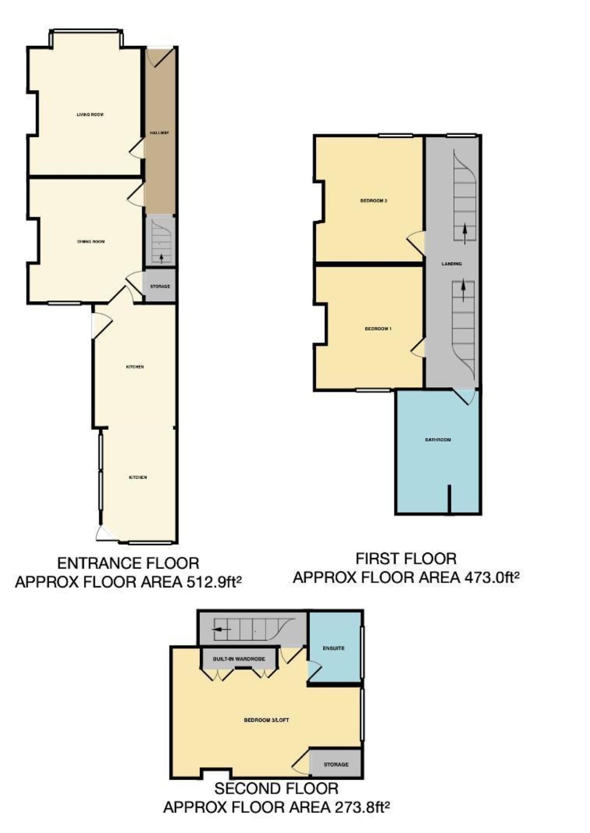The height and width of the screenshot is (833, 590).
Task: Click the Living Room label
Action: [x=90, y=114]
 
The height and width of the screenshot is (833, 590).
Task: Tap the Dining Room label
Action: [x=91, y=242]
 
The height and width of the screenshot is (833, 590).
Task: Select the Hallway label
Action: [x=159, y=133]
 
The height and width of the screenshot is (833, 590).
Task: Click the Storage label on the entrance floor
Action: [x=160, y=286]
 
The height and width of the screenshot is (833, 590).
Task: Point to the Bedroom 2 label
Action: [x=374, y=201]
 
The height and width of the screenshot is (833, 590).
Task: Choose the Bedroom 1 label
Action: [x=378, y=329]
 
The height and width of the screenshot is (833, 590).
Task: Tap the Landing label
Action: [x=452, y=264]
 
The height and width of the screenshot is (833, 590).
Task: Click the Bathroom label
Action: [x=438, y=440]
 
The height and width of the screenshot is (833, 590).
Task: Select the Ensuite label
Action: [x=334, y=648]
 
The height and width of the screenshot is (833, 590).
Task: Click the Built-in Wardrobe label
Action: [x=239, y=659]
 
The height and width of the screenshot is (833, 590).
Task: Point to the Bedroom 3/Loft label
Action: [x=266, y=720]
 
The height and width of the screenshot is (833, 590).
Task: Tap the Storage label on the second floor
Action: [x=336, y=765]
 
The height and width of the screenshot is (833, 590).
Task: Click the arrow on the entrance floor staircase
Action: [x=161, y=258]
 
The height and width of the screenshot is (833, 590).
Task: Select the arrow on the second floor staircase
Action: [x=222, y=629]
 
